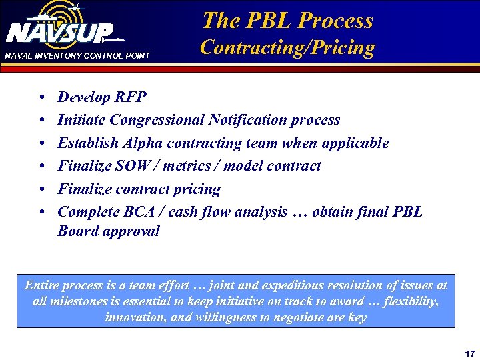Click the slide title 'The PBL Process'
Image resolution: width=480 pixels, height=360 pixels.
coord(287,21)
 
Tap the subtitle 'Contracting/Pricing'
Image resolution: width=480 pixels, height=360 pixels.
coord(287,47)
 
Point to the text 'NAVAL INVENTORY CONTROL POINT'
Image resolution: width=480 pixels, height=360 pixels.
coord(77,55)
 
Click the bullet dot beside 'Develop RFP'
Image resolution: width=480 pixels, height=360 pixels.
coord(42,98)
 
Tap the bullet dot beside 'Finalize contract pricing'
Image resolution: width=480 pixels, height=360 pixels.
coord(42,190)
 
